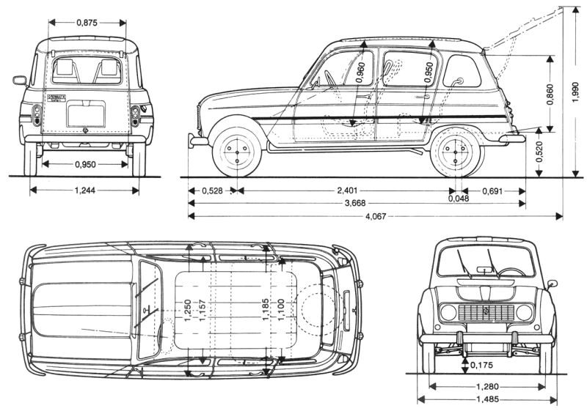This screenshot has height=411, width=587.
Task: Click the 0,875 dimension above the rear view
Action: (x=87, y=23)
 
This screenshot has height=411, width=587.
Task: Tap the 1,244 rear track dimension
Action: (x=85, y=190)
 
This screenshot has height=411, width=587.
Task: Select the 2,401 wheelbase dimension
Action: (x=347, y=191)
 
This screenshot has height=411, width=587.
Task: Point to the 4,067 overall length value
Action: (x=376, y=216)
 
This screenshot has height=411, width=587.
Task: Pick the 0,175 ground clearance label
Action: (x=481, y=365)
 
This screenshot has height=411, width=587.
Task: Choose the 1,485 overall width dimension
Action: (x=487, y=399)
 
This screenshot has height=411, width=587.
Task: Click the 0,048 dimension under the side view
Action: (x=459, y=199)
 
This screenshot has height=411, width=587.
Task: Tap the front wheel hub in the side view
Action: (x=237, y=153)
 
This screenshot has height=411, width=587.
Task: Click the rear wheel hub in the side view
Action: (x=455, y=152)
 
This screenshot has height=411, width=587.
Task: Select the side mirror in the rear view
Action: (x=20, y=81)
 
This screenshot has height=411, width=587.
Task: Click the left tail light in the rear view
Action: (x=37, y=115)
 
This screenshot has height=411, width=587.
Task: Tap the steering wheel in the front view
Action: (x=511, y=273)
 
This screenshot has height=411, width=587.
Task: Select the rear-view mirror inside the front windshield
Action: (x=484, y=270)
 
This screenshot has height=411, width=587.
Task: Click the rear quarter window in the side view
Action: (x=462, y=71)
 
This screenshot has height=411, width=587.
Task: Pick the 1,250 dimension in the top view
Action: (x=188, y=310)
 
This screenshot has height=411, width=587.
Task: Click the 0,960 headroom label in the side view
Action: (x=360, y=73)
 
